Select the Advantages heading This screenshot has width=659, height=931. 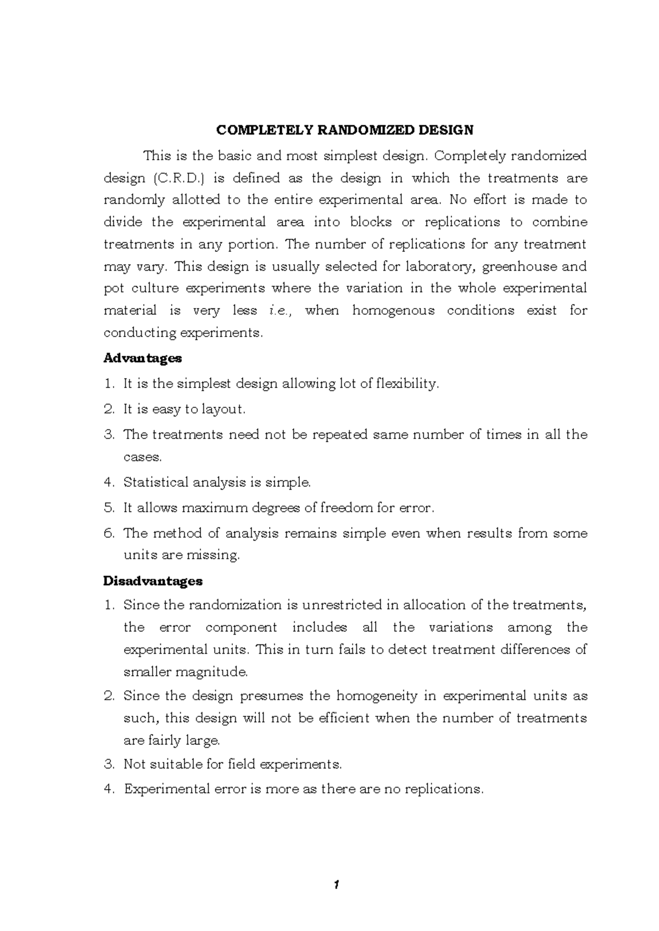[x=142, y=358]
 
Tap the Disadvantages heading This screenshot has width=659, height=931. [x=153, y=581]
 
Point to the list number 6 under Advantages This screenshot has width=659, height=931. [x=108, y=533]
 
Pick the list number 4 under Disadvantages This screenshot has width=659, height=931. [x=108, y=789]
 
